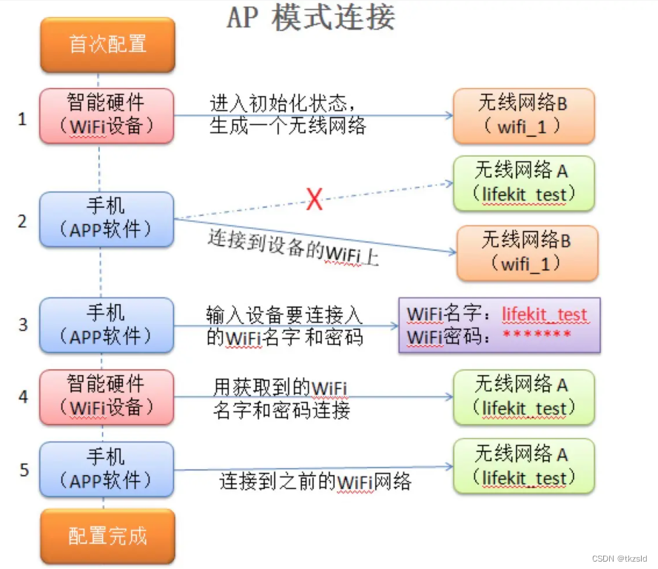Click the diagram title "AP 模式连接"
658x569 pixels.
click(x=311, y=18)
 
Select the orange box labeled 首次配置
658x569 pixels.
click(x=107, y=44)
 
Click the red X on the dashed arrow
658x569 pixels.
click(x=315, y=198)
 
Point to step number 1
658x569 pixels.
click(x=23, y=118)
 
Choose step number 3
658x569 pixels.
click(x=23, y=324)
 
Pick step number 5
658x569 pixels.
click(x=23, y=469)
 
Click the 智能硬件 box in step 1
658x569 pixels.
click(x=107, y=115)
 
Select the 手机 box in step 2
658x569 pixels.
click(x=107, y=219)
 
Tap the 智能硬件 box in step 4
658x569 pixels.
click(x=107, y=397)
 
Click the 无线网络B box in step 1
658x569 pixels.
click(x=524, y=115)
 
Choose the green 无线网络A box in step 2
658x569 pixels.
click(x=524, y=183)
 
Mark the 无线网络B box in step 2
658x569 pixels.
click(x=527, y=252)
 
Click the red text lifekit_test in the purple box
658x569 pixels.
click(x=545, y=314)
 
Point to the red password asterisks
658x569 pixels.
click(x=537, y=335)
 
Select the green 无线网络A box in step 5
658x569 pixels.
click(x=524, y=466)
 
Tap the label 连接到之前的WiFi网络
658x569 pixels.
click(x=315, y=482)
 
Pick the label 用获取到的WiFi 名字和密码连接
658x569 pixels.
click(x=281, y=398)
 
